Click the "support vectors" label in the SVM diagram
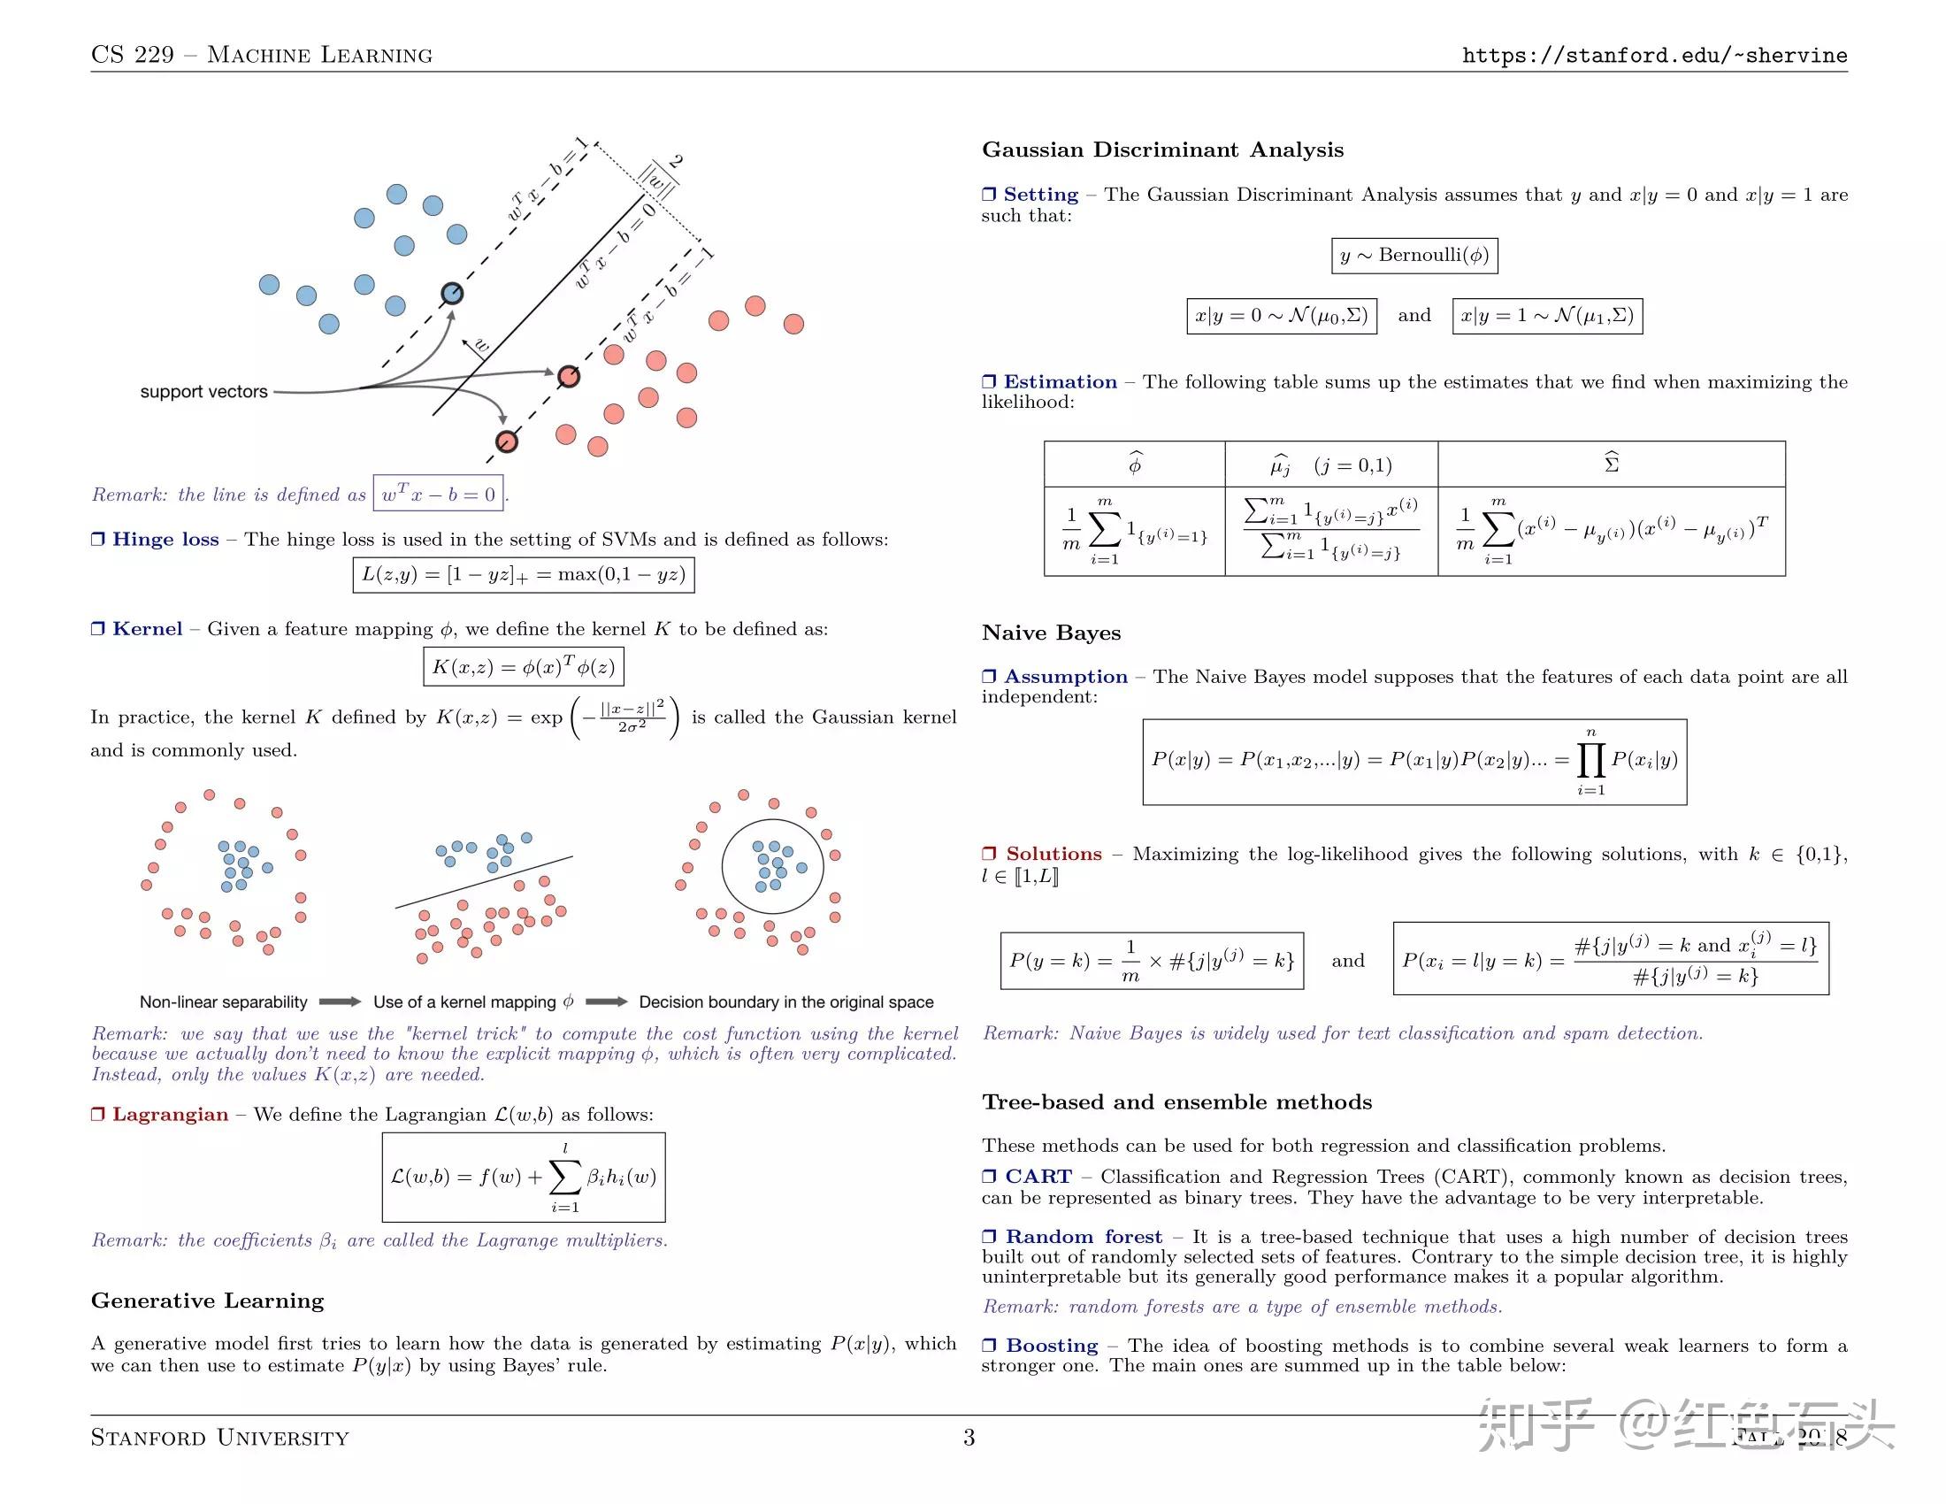coord(203,391)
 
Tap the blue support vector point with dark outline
coord(453,293)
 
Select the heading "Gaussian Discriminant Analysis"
coord(1162,150)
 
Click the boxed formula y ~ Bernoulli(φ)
coord(1414,256)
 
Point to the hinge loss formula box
coord(523,575)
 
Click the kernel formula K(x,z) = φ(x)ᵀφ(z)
coord(523,666)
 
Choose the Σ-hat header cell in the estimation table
coord(1611,464)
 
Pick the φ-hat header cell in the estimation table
coord(1134,464)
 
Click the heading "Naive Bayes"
coord(1051,633)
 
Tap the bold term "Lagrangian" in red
coord(170,1115)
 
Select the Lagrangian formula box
coord(523,1177)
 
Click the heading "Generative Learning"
coord(207,1301)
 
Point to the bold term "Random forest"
coord(1084,1237)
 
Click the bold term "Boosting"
coord(1052,1346)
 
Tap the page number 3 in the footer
coord(969,1437)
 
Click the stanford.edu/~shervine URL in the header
coord(1654,55)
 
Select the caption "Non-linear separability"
coord(223,1002)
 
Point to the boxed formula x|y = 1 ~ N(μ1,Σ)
coord(1547,317)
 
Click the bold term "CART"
coord(1038,1177)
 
